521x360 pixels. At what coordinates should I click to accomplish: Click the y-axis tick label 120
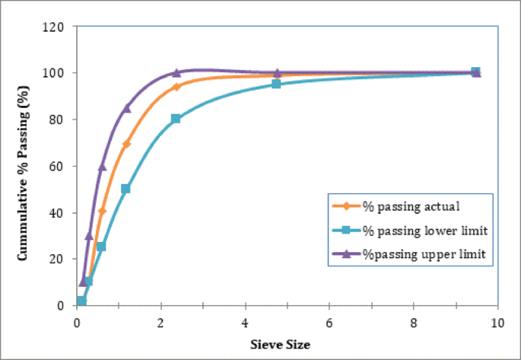click(59, 27)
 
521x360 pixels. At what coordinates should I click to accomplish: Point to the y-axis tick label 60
click(62, 166)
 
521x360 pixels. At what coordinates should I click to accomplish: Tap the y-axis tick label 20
click(62, 259)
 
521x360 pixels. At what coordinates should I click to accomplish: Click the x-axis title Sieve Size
click(281, 345)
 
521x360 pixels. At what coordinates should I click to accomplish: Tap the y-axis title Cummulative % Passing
click(24, 166)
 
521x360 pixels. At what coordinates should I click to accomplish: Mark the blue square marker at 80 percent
click(176, 119)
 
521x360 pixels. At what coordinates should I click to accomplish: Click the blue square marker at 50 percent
click(125, 189)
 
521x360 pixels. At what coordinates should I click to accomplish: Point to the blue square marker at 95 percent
click(276, 84)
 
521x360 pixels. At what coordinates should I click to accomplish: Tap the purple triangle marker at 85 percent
click(126, 107)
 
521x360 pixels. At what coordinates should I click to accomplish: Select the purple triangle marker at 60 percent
click(102, 166)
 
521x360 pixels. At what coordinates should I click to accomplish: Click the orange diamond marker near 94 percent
click(176, 87)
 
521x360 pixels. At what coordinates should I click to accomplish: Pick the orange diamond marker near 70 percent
click(126, 144)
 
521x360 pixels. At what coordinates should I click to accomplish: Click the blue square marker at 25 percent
click(101, 247)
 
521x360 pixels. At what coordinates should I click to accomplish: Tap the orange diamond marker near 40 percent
click(102, 211)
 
